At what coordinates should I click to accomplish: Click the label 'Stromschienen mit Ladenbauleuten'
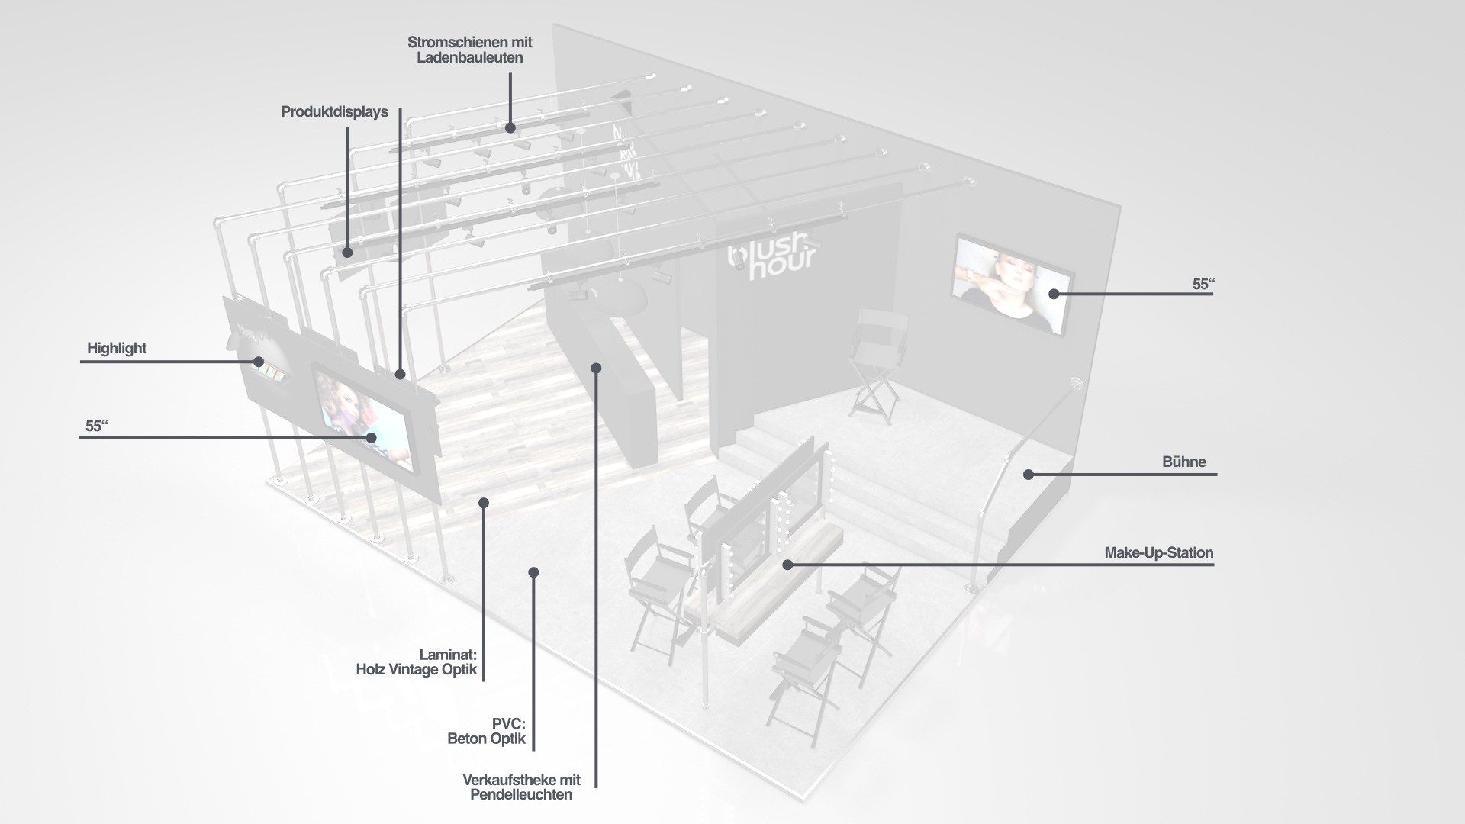pos(469,50)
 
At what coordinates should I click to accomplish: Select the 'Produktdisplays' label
pos(334,112)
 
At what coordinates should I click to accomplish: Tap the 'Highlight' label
pos(116,349)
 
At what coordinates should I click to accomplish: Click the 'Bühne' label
pos(1183,462)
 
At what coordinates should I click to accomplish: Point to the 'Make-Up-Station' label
pos(1158,552)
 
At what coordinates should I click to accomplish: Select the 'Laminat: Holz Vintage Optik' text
pos(417,662)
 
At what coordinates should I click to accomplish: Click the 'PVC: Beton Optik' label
pos(487,731)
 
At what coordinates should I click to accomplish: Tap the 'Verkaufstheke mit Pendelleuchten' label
pos(521,787)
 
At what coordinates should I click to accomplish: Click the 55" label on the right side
pos(1203,284)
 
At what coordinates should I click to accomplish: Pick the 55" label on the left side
pos(96,426)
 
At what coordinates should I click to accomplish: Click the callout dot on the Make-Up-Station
pos(787,565)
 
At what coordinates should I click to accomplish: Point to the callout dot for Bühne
pos(1028,475)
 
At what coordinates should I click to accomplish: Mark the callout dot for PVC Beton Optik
pos(533,572)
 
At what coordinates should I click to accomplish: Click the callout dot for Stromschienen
pos(510,128)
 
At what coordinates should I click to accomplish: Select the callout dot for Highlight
pos(259,362)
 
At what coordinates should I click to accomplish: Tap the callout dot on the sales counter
pos(596,369)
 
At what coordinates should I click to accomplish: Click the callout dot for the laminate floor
pos(483,502)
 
